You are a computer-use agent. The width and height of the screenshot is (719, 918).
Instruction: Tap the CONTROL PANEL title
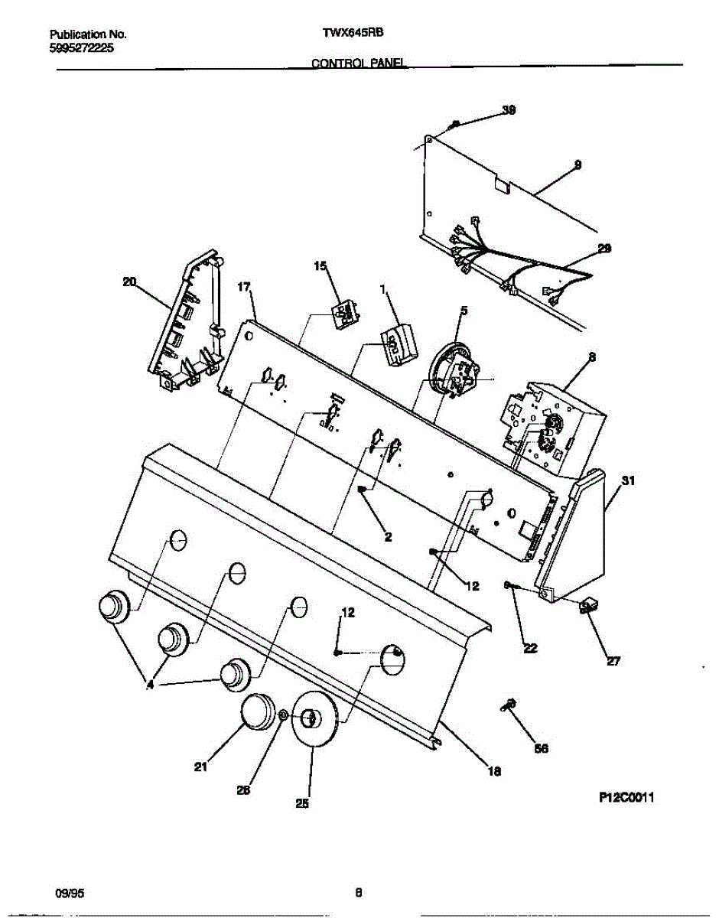tap(359, 63)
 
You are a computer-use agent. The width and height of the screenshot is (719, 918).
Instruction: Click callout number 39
tap(509, 110)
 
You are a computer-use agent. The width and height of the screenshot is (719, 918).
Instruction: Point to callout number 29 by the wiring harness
tap(604, 249)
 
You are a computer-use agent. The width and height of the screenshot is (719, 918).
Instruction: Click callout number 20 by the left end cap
tap(129, 282)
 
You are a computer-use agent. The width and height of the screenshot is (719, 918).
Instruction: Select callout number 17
tap(244, 287)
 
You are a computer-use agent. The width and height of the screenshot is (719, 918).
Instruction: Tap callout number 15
tap(320, 266)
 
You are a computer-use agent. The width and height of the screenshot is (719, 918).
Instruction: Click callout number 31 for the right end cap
tap(628, 481)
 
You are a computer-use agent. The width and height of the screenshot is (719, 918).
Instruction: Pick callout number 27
tap(613, 662)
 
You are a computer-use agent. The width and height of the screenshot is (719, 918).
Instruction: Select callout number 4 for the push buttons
tap(150, 686)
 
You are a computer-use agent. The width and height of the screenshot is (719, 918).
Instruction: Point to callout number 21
tap(200, 768)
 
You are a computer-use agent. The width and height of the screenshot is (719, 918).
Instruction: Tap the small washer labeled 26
tap(283, 715)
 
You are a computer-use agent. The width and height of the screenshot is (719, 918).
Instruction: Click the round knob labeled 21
tap(258, 711)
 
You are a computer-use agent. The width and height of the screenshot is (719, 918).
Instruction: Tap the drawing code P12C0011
tap(626, 798)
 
